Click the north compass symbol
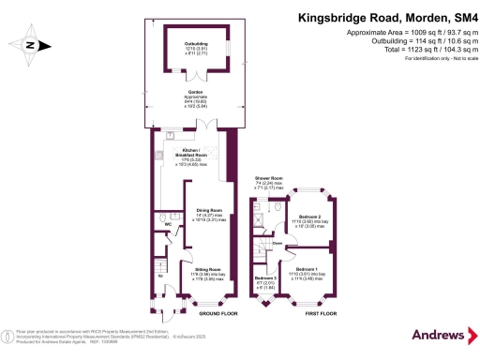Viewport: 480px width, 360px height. pos(29,44)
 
